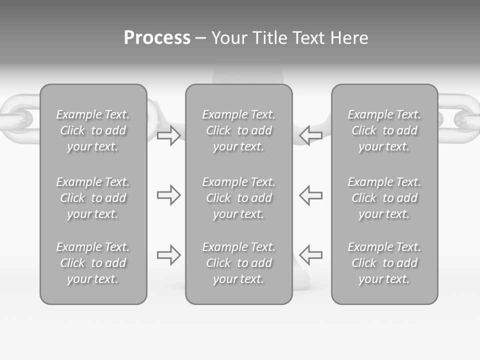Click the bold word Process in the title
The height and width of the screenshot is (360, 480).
coord(157,38)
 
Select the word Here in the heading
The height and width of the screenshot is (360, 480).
coord(349,38)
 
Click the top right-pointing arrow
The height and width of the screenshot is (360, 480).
coord(168,135)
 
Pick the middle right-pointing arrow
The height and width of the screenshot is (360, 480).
coord(168,195)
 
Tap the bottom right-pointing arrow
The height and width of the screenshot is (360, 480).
coord(168,255)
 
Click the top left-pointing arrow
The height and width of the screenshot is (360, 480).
coord(311,135)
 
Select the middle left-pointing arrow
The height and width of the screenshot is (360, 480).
coord(311,195)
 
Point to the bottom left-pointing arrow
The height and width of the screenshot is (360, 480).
coord(311,255)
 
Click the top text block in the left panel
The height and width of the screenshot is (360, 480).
coord(93,130)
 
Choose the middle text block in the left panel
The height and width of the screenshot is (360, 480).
coord(93,198)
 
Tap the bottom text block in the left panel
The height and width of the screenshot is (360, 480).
coord(93,263)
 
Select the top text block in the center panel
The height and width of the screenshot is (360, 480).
coord(239,130)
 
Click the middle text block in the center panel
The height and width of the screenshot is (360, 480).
coord(239,198)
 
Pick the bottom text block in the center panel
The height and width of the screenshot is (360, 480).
coord(239,263)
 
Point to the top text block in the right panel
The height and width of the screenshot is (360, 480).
coord(384,130)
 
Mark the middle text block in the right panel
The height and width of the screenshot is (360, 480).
coord(384,198)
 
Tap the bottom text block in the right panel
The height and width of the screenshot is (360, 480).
coord(384,263)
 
